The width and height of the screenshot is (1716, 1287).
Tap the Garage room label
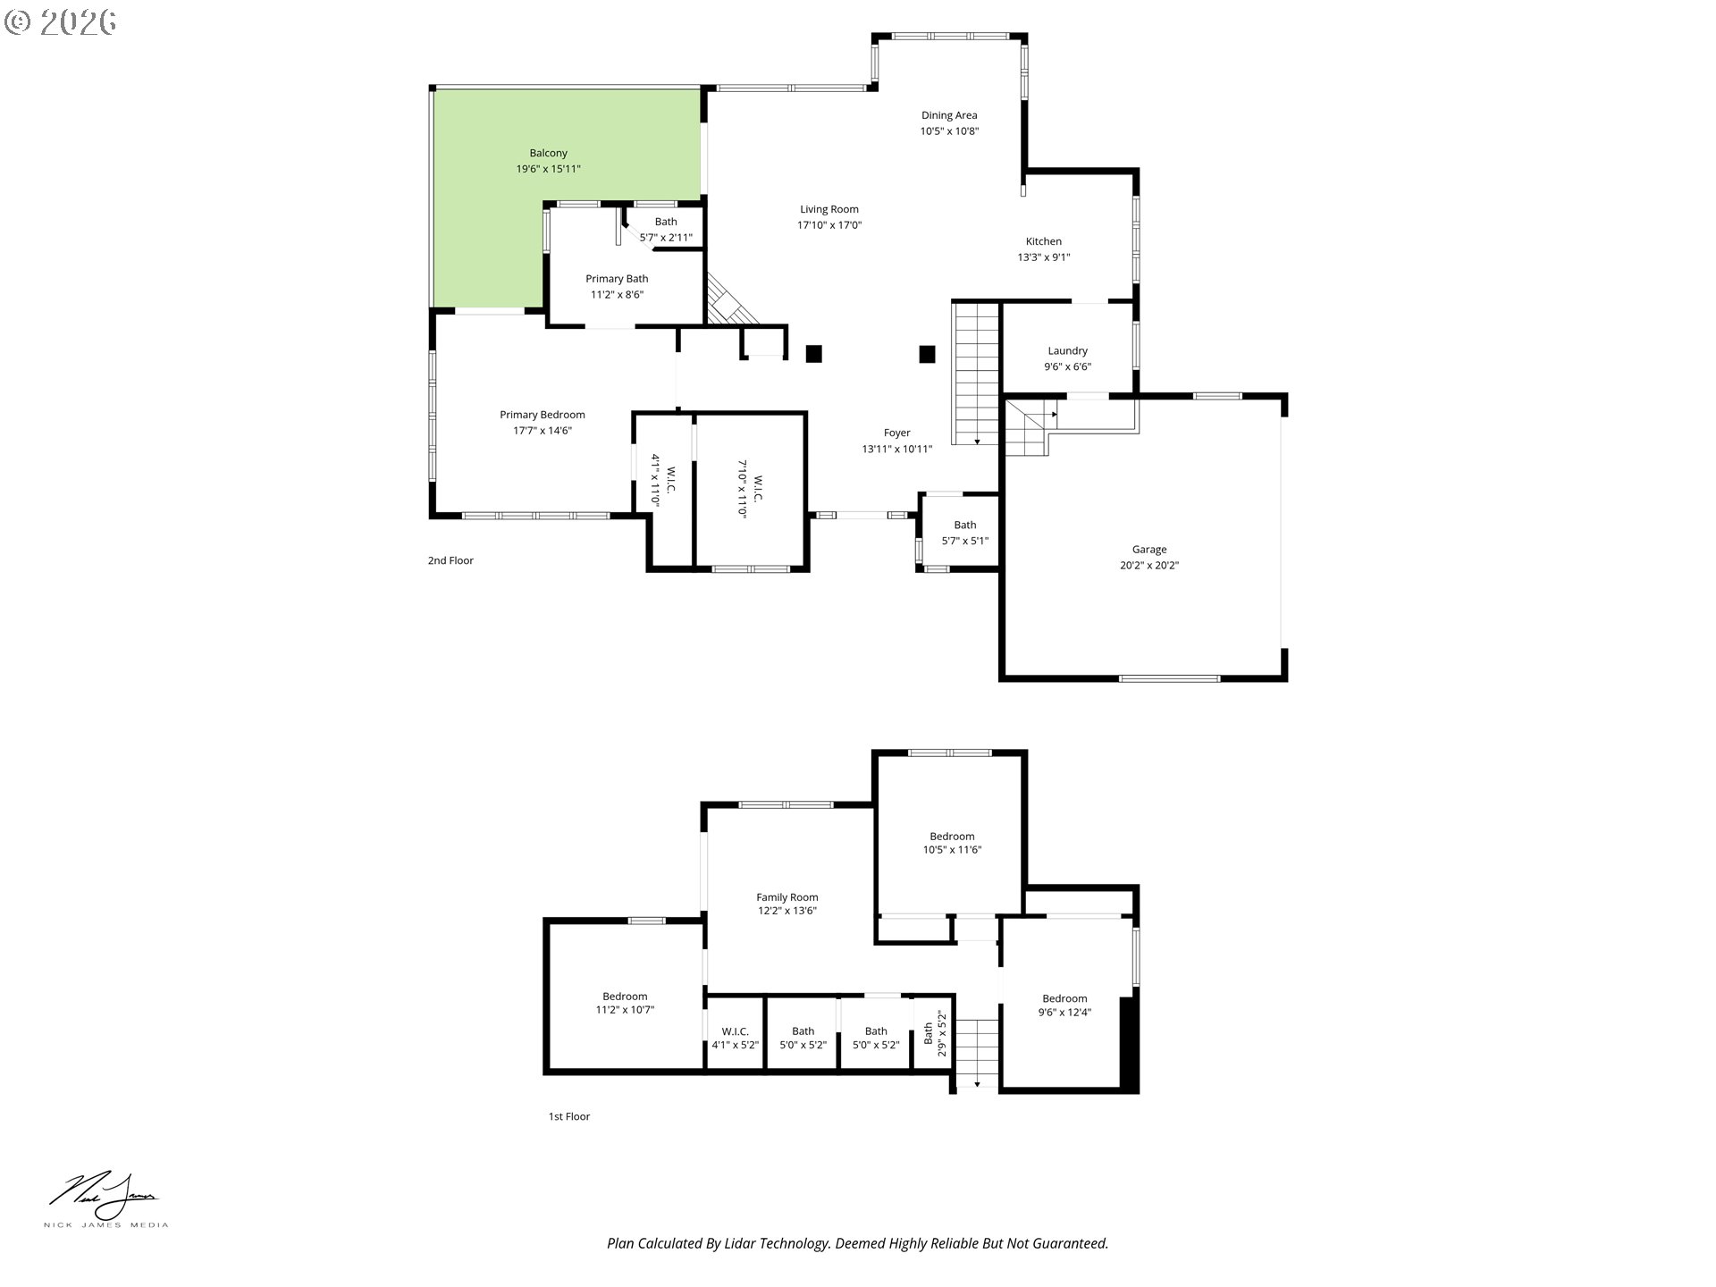coord(1149,550)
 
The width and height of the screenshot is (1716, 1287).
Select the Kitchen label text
coord(1043,241)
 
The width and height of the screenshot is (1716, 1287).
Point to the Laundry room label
coord(1068,350)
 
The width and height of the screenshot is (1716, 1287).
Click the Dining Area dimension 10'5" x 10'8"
coord(949,131)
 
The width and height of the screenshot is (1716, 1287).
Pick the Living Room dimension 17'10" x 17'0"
coord(829,225)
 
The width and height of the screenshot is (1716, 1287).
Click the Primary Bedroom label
coord(543,415)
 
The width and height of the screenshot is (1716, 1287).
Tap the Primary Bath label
coord(617,279)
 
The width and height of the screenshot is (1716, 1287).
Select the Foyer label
coord(897,433)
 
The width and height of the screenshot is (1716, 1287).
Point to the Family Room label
coord(787,897)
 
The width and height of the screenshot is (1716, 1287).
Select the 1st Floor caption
coord(569,1116)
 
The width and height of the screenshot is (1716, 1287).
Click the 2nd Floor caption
coord(450,560)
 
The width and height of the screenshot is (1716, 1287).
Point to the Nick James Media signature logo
coord(105,1199)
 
